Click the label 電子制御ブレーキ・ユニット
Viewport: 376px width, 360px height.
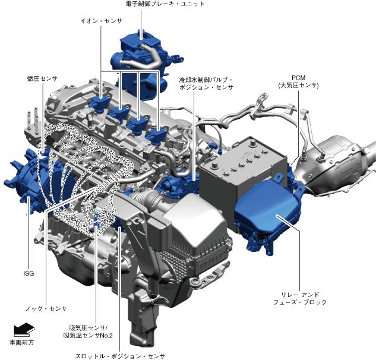pyautogui.click(x=165, y=4)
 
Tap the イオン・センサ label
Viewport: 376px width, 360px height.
pyautogui.click(x=101, y=21)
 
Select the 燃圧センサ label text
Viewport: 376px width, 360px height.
pyautogui.click(x=42, y=78)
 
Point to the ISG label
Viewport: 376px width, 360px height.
pyautogui.click(x=29, y=273)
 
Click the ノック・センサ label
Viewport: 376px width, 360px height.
pyautogui.click(x=46, y=309)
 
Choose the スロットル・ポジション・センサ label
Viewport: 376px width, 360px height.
pyautogui.click(x=120, y=356)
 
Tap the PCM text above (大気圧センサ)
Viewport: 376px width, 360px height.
pyautogui.click(x=299, y=78)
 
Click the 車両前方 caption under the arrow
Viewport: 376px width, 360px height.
pyautogui.click(x=21, y=343)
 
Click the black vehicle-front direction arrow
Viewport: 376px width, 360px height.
pyautogui.click(x=24, y=330)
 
